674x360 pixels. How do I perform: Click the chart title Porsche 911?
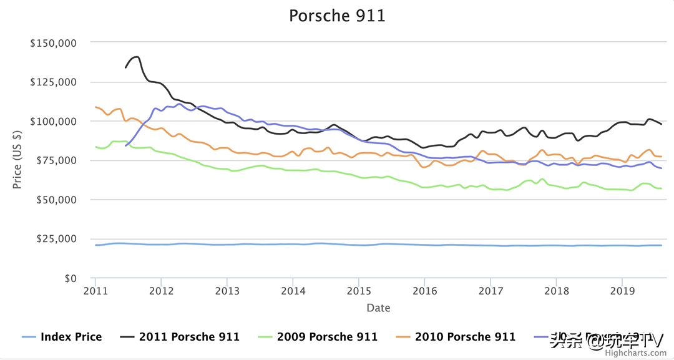[337, 15]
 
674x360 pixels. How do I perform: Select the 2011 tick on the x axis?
[95, 291]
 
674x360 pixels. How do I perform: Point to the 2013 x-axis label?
[227, 291]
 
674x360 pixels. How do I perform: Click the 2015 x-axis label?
[359, 291]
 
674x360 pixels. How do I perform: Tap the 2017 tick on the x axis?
[491, 291]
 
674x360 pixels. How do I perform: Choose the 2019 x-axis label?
[622, 291]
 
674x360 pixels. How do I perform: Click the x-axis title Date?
[378, 308]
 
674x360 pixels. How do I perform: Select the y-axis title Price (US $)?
[17, 160]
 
